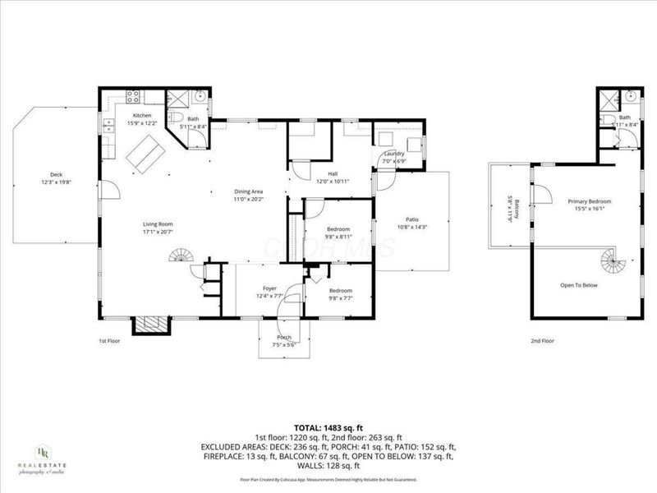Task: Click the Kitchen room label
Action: pos(142,116)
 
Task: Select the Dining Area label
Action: pos(249,191)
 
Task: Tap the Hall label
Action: pos(333,173)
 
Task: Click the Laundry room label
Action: pos(393,154)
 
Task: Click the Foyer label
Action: pos(269,288)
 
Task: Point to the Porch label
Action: pos(284,338)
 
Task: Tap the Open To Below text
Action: pos(578,284)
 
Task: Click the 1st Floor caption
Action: pos(109,339)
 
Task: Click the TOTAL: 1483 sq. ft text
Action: pos(328,428)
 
